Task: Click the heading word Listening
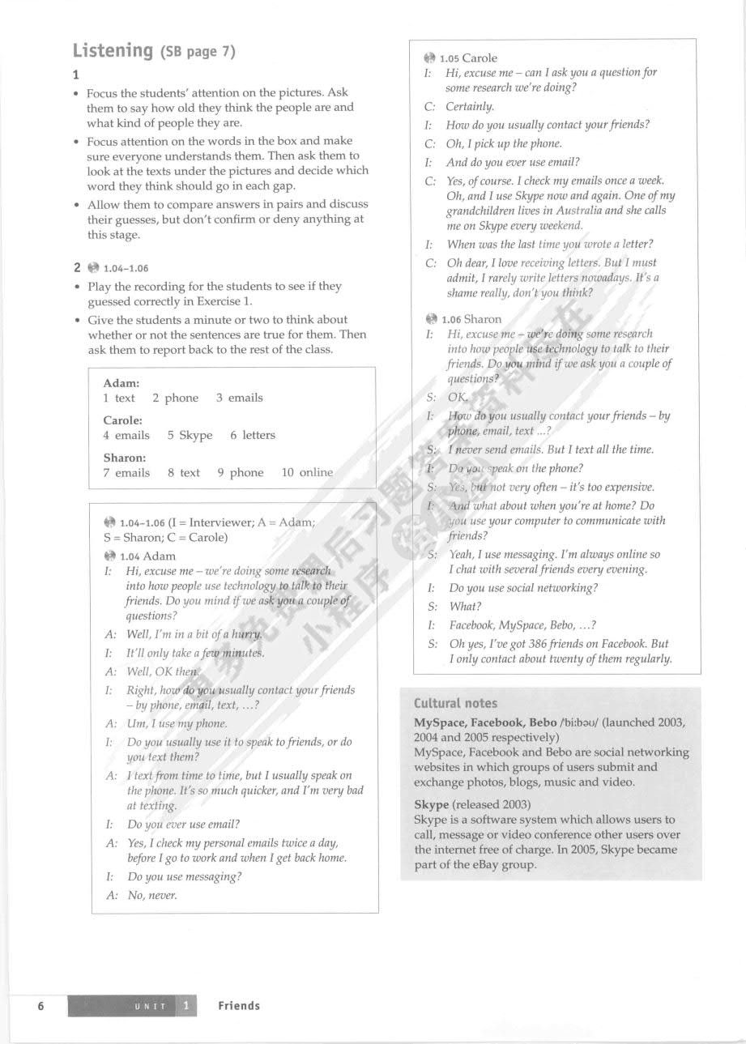coord(113,51)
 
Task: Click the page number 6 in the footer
coord(40,1006)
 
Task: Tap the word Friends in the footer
coord(239,1006)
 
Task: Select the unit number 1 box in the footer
coord(186,1006)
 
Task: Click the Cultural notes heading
coord(455,703)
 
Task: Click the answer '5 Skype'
coord(190,435)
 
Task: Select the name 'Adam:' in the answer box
coord(121,382)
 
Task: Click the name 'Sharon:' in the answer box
coord(125,457)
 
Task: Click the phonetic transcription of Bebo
coord(588,722)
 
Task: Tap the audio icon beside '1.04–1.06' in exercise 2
coord(93,268)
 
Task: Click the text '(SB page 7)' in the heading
coord(198,52)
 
